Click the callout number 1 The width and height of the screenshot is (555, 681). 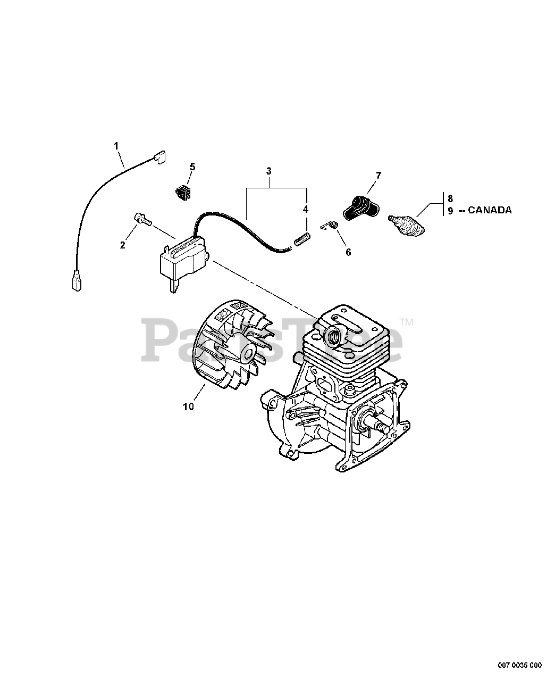point(116,145)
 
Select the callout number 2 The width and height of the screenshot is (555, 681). point(123,245)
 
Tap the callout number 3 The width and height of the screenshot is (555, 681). point(269,171)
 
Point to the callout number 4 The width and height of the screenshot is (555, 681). point(305,210)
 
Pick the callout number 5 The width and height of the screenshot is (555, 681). point(192,167)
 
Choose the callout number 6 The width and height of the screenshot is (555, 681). point(348,252)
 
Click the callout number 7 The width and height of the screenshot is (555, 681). point(379,175)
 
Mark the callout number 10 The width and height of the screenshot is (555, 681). point(188,406)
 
